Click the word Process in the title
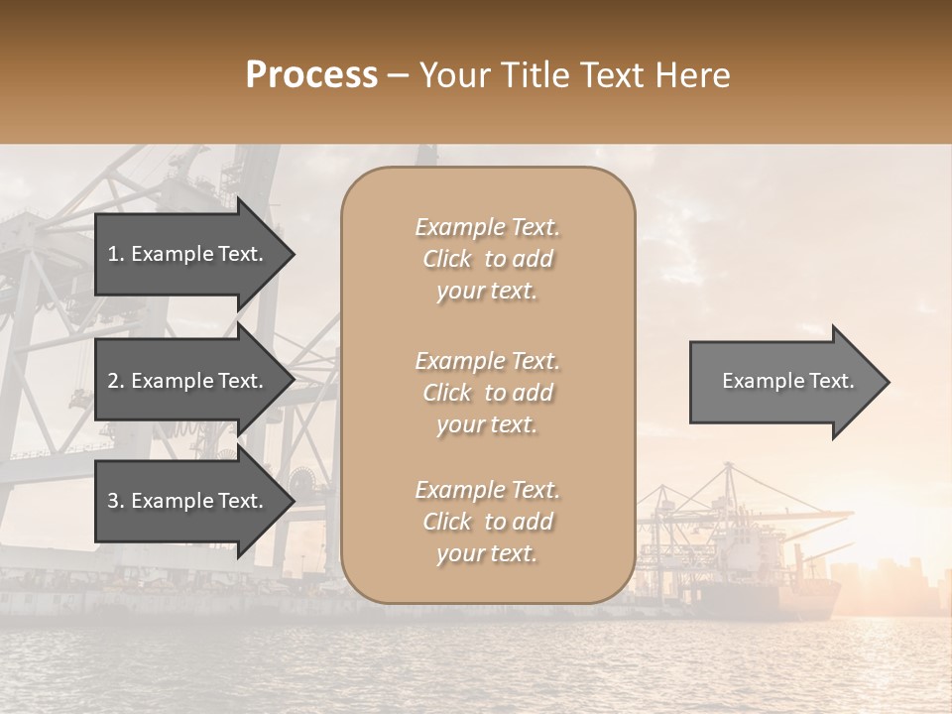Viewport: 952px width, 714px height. pyautogui.click(x=311, y=75)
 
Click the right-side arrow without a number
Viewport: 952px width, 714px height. pyautogui.click(x=783, y=382)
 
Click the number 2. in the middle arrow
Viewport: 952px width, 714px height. pyautogui.click(x=115, y=381)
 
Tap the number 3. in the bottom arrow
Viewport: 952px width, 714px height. pyautogui.click(x=115, y=501)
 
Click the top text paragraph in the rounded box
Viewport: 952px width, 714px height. pyautogui.click(x=487, y=259)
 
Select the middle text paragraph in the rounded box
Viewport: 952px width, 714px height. pyautogui.click(x=487, y=393)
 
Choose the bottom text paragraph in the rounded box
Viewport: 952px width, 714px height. pyautogui.click(x=487, y=522)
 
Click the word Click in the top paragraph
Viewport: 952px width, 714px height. pyautogui.click(x=447, y=259)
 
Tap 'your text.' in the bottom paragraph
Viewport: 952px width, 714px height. pyautogui.click(x=487, y=553)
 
